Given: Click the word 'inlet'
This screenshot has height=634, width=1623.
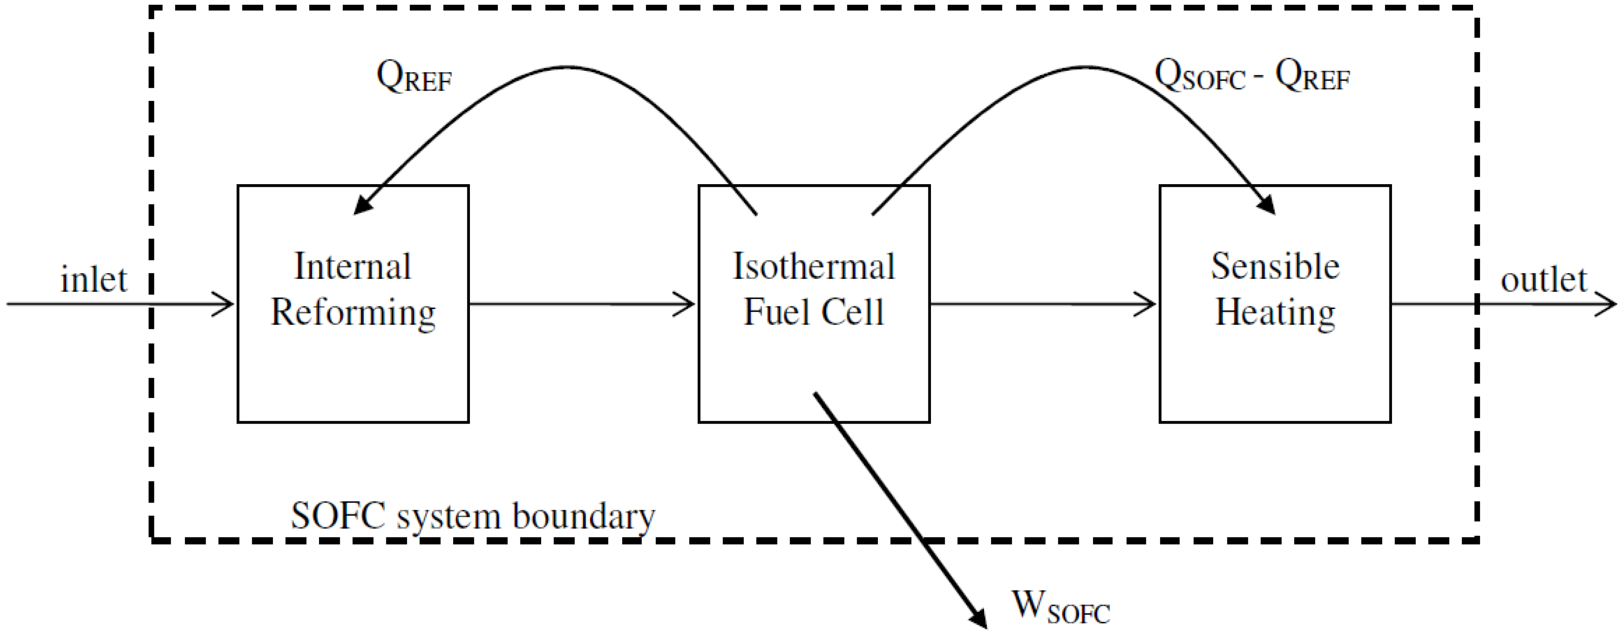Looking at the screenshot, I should [93, 279].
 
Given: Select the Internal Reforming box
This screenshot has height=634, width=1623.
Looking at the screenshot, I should [353, 372].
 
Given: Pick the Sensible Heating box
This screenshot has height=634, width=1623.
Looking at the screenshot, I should [1275, 372].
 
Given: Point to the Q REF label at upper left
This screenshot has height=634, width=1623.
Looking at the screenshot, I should [414, 77].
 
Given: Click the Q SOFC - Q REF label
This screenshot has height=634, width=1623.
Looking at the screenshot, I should [1251, 77].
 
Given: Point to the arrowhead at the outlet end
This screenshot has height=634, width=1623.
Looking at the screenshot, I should [1608, 305].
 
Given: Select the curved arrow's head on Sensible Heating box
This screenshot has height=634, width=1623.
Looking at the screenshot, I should [1266, 205].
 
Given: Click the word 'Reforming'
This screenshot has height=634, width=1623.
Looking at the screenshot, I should [353, 313].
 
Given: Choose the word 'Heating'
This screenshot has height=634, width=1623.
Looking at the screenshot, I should [1275, 313].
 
